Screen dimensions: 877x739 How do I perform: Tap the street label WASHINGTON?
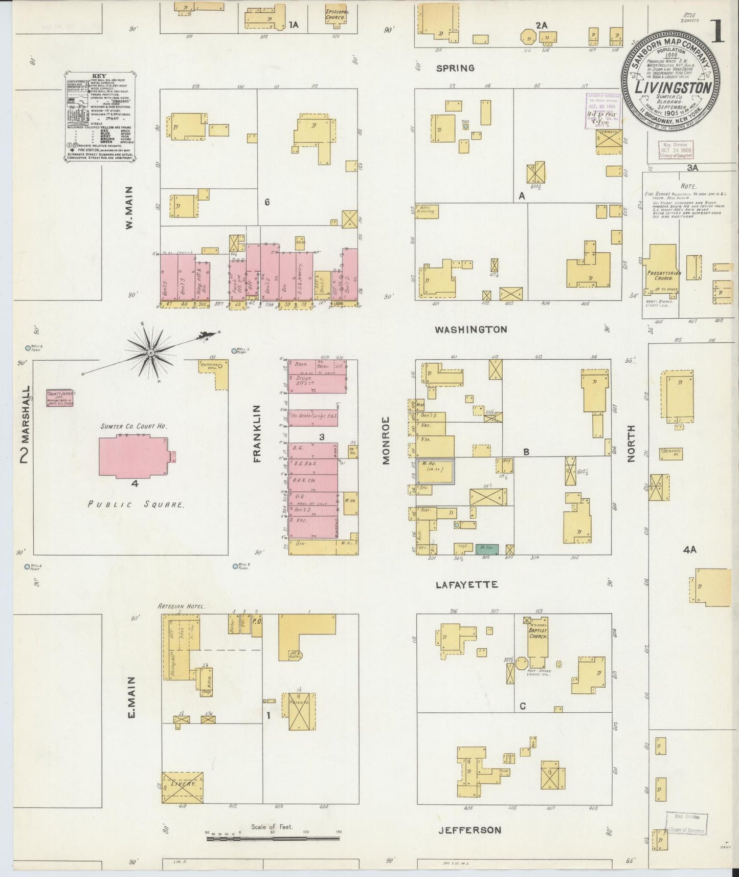pos(471,330)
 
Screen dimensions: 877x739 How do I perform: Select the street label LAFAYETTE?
pos(466,584)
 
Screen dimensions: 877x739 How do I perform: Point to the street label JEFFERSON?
pos(469,830)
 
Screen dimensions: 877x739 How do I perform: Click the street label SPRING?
pos(455,68)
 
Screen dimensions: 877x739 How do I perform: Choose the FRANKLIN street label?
pos(257,433)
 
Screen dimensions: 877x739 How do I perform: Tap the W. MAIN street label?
pos(130,207)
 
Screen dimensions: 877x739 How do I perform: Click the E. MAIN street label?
pos(131,698)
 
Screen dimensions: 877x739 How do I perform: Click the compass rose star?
pos(151,353)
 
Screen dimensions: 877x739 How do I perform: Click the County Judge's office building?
pos(60,398)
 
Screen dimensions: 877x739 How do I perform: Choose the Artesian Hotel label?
pos(181,606)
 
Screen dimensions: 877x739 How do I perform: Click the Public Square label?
pos(136,504)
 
